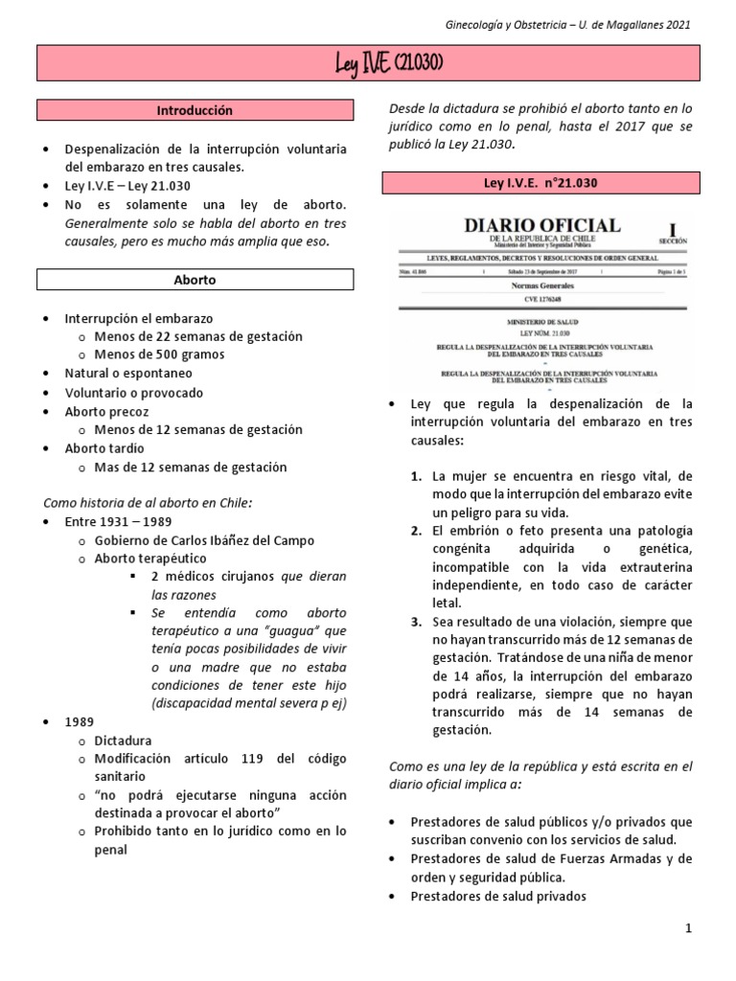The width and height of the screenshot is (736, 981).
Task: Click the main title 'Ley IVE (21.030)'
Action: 375,64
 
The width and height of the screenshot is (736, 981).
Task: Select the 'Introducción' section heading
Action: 195,111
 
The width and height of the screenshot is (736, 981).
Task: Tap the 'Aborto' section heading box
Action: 195,280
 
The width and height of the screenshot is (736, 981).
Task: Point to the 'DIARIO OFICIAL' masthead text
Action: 541,225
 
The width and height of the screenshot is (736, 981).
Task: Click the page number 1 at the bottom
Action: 689,929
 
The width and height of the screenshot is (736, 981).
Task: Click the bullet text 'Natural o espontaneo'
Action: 127,373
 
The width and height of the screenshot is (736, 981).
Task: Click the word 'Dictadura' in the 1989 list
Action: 123,740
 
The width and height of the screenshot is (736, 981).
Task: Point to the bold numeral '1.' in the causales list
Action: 417,476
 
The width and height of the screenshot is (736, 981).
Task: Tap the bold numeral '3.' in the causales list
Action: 417,621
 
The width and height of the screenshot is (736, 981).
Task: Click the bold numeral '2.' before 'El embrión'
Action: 417,530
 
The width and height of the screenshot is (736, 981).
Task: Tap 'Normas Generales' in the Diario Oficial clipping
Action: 542,285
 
